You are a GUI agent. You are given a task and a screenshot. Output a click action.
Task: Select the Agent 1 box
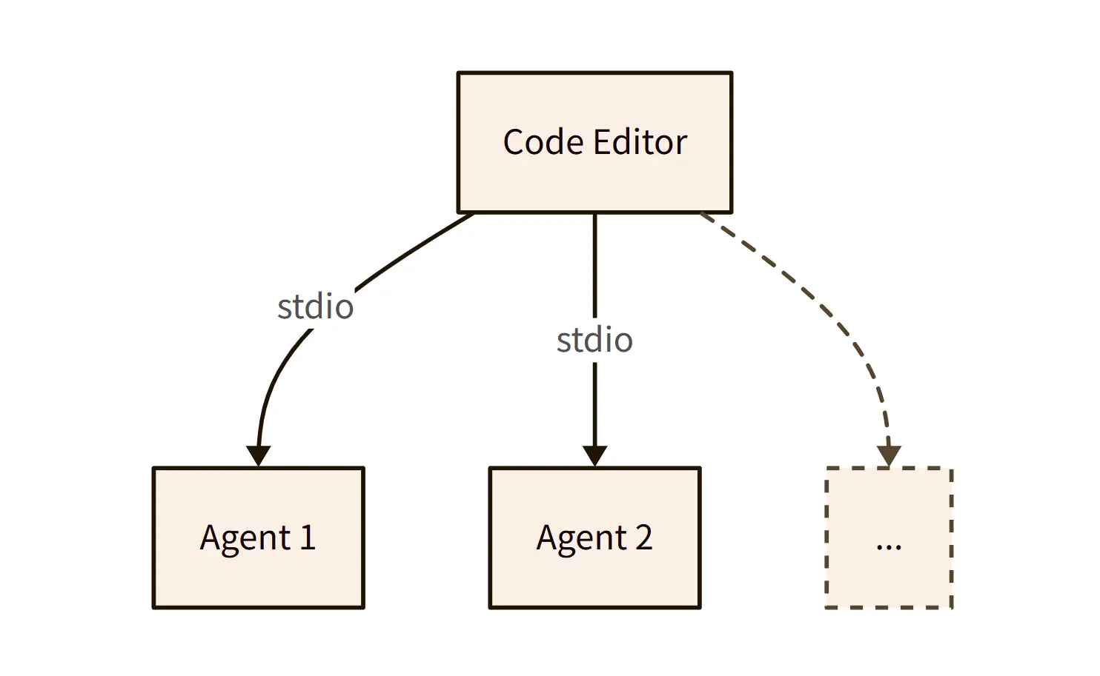point(258,578)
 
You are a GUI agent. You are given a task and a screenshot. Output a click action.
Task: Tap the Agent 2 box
point(594,578)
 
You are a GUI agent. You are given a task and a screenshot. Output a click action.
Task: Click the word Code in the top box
point(543,142)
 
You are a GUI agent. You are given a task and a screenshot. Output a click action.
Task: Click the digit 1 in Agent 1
point(308,538)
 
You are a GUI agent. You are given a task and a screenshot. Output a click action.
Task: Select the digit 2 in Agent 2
point(643,538)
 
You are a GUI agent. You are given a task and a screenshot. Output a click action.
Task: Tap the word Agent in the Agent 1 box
point(245,538)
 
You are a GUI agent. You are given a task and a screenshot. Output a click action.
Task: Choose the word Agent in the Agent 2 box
point(582,538)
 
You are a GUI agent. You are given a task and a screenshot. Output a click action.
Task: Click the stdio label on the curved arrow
point(315,307)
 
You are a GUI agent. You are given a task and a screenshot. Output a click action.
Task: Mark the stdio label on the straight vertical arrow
point(594,341)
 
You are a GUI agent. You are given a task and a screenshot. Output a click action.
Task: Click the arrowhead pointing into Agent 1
point(258,456)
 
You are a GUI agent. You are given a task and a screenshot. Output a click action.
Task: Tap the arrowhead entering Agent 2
point(594,456)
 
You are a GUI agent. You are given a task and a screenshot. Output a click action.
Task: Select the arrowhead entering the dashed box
point(889,456)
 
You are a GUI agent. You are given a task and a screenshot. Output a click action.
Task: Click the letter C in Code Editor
point(514,142)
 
